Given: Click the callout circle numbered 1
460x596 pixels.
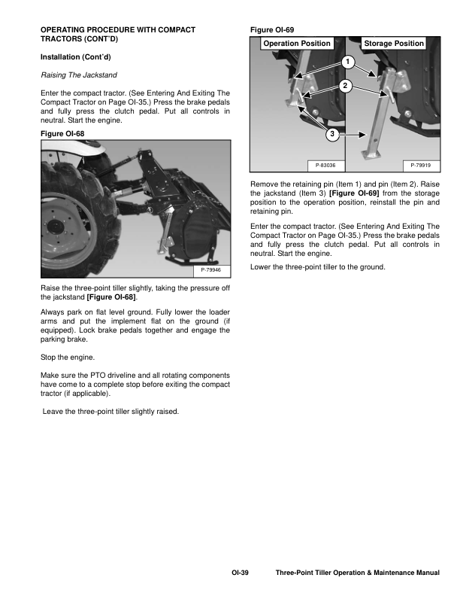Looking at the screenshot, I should [x=347, y=61].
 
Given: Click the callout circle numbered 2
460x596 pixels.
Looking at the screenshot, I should [x=346, y=85].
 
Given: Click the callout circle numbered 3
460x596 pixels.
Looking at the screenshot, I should [x=331, y=135].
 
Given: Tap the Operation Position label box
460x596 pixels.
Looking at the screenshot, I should [x=297, y=44].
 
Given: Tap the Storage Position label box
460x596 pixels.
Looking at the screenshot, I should [x=394, y=44].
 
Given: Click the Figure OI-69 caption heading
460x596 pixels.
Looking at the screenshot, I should [x=271, y=29].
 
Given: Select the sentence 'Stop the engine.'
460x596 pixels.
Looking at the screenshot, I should [x=68, y=357].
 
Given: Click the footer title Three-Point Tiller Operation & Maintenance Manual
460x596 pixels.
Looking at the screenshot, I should [x=357, y=573].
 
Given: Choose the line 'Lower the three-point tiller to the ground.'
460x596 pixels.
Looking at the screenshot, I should [x=317, y=267].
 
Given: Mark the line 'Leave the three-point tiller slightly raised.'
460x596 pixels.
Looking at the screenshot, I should [x=111, y=412].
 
